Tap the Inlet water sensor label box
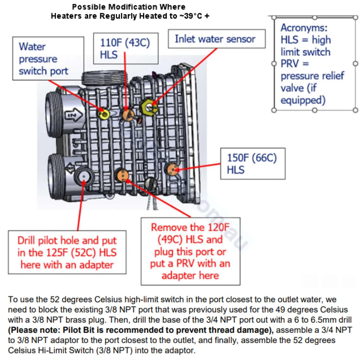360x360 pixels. point(215,39)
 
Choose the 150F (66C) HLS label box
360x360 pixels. point(251,163)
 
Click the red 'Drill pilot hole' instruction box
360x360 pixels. point(67,252)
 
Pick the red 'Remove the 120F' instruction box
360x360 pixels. point(190,251)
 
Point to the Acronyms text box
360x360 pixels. point(315,63)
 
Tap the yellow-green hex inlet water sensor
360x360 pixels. point(149,106)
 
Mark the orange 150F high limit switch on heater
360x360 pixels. point(172,169)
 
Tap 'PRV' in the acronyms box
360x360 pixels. point(290,64)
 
